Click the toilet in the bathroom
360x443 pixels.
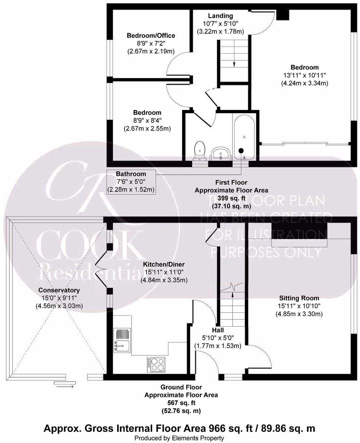[x=200, y=150]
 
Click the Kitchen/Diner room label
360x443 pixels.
[x=164, y=264]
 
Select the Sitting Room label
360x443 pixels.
[x=299, y=298]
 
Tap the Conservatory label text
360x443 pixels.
[x=59, y=290]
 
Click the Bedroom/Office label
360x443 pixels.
[x=151, y=36]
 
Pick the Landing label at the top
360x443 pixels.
[x=220, y=16]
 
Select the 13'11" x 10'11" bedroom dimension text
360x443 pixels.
[x=304, y=75]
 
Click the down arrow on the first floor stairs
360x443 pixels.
[x=234, y=64]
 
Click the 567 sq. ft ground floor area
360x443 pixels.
[x=181, y=403]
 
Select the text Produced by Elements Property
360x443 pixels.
[x=179, y=438]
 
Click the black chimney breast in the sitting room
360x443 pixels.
[x=299, y=231]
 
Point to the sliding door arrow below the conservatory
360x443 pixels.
[x=65, y=387]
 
